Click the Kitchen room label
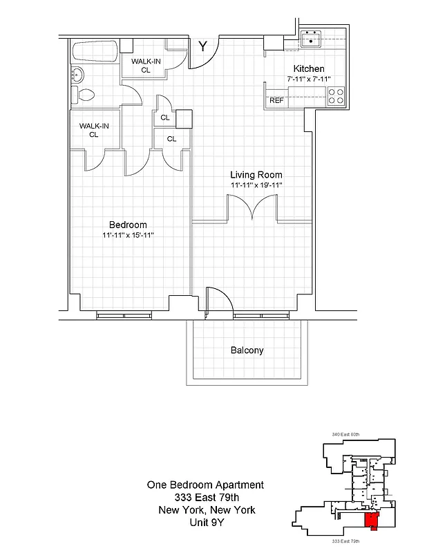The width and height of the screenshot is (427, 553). (x=309, y=69)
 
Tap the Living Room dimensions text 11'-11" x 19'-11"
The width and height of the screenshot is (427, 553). (x=256, y=185)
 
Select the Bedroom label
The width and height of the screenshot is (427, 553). (x=128, y=225)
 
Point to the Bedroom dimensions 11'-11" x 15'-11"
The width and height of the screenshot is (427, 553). (x=128, y=235)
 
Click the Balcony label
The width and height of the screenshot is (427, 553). (x=247, y=350)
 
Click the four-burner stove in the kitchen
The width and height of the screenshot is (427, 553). (x=336, y=96)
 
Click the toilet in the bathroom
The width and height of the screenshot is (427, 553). (x=83, y=95)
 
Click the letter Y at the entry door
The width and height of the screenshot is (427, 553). (x=202, y=47)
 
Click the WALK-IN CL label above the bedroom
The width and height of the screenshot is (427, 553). (x=93, y=130)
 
